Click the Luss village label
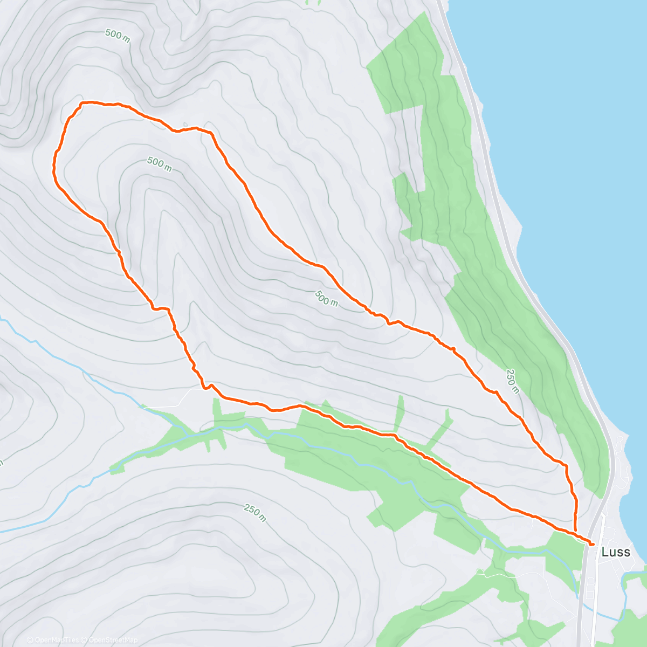[x=616, y=552]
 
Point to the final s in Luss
[x=627, y=552]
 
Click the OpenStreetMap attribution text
[x=111, y=640]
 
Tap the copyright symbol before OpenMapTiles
[x=30, y=640]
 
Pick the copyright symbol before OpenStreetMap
[x=82, y=640]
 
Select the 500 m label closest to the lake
[x=326, y=298]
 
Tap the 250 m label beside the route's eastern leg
[x=512, y=381]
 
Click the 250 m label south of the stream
[x=254, y=512]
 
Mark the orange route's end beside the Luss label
[x=593, y=545]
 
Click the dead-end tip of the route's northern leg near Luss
[x=575, y=531]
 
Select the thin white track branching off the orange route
[x=178, y=399]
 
